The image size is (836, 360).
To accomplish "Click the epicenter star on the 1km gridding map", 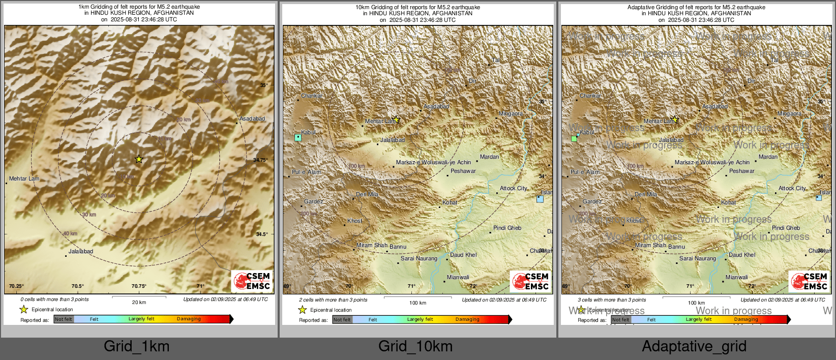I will click(x=139, y=159).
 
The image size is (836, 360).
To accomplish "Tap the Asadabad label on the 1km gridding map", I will click(x=252, y=118).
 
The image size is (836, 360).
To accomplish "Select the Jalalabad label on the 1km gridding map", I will click(x=81, y=251).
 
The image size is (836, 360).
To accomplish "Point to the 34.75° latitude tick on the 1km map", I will click(x=260, y=160).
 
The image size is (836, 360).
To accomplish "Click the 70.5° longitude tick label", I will click(x=77, y=286).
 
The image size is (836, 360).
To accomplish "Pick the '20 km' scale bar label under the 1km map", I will click(x=139, y=302).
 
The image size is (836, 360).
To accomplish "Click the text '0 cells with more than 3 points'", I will click(x=54, y=299).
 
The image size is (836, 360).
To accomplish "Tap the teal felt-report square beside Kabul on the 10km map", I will click(x=298, y=137).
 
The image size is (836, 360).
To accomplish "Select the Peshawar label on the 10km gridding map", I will click(x=463, y=171).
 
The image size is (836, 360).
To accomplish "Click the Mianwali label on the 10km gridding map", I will click(x=458, y=277).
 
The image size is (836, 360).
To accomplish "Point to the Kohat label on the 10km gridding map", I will click(x=450, y=202).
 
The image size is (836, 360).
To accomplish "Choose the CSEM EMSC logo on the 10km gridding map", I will click(x=530, y=281).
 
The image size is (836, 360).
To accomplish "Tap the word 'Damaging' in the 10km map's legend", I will click(x=467, y=319).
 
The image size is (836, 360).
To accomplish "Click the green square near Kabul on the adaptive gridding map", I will click(x=574, y=138).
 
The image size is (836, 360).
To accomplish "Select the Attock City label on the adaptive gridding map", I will click(x=792, y=188).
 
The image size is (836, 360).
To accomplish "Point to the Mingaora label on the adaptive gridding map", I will click(x=789, y=113).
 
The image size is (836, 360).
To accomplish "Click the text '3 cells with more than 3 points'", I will click(x=612, y=300).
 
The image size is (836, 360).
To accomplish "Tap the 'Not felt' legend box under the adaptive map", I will click(x=620, y=320).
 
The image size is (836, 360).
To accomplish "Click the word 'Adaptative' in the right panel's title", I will click(x=642, y=7).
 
